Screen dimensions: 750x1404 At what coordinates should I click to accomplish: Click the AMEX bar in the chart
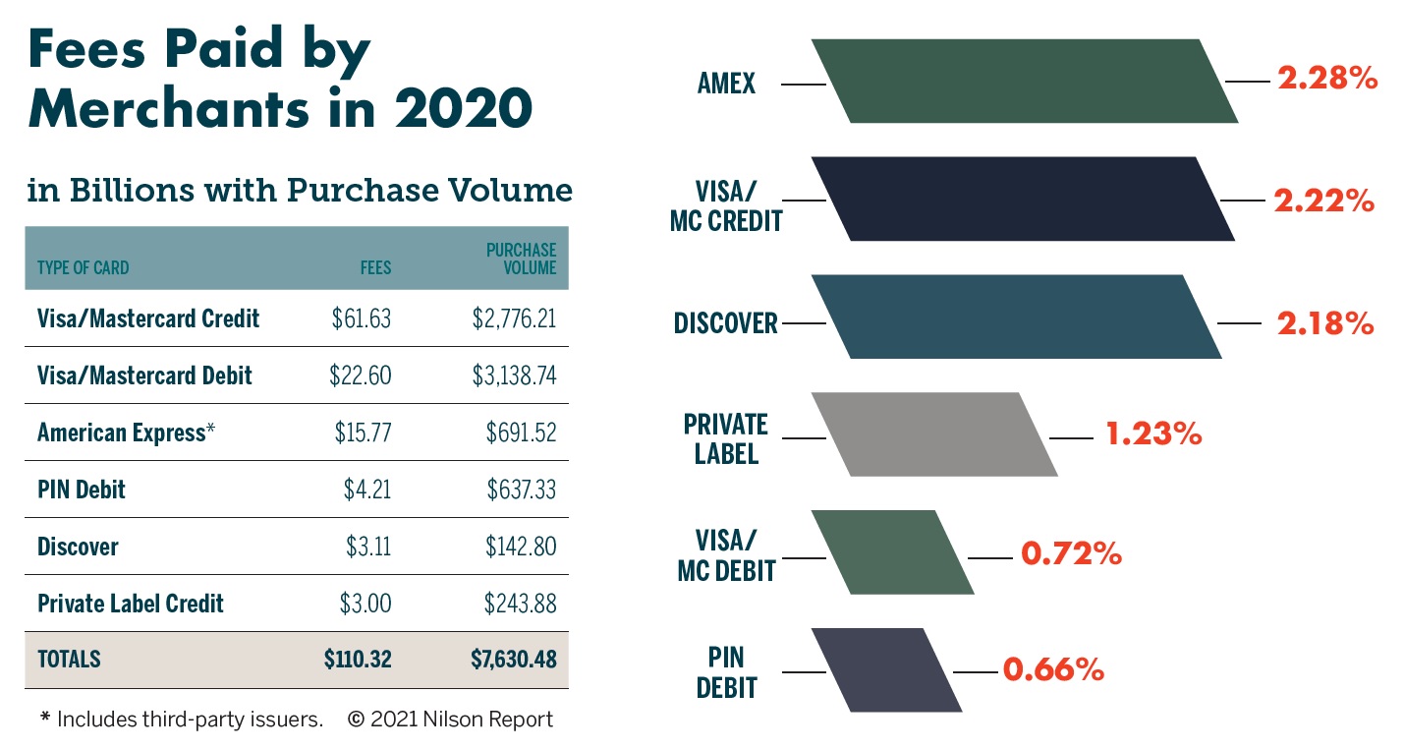(1024, 82)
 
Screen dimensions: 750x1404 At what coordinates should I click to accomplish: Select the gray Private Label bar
(934, 434)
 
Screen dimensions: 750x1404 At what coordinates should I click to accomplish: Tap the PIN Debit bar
(886, 670)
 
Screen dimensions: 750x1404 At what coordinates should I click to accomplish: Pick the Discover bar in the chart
(1016, 317)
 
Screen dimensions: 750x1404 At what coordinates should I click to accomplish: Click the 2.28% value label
(1326, 79)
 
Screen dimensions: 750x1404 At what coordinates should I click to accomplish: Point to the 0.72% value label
(1071, 554)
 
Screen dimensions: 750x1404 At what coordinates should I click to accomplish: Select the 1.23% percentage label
(1153, 434)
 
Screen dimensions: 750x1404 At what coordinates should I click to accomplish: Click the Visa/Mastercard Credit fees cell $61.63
(362, 318)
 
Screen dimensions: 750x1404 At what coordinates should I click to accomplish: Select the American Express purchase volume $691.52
(521, 433)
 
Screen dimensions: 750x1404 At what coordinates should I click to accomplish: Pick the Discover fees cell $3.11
(367, 547)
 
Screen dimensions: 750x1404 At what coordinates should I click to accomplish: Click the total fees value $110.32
(358, 660)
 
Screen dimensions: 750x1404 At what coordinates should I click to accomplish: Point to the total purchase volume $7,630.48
(513, 660)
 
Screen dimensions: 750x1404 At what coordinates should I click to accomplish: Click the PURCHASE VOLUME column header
(521, 259)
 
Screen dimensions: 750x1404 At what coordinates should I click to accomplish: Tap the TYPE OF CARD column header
(83, 267)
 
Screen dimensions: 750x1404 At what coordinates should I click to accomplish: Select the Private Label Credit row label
(131, 604)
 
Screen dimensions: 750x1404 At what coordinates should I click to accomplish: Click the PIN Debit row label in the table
(82, 490)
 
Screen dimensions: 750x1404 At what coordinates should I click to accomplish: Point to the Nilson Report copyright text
(450, 720)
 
